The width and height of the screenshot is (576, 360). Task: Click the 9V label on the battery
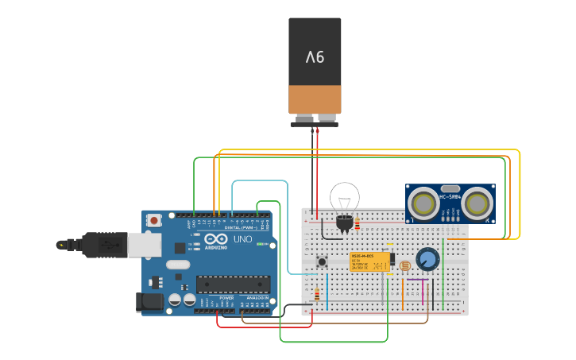click(315, 57)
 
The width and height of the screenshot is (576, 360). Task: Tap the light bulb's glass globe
click(345, 196)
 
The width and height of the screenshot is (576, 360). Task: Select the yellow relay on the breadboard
click(369, 261)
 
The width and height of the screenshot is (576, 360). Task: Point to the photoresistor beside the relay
click(405, 265)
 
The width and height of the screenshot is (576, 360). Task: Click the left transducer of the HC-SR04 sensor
click(424, 204)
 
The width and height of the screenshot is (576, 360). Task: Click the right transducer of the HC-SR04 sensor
click(477, 204)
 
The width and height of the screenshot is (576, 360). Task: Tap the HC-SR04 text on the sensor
click(450, 196)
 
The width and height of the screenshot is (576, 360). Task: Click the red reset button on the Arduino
click(170, 219)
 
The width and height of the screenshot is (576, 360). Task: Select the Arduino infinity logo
click(216, 239)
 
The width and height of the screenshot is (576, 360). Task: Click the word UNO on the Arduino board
click(242, 239)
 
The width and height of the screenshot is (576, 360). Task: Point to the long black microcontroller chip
click(233, 284)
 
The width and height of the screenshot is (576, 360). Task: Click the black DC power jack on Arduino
click(149, 301)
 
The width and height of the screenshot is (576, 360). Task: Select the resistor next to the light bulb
click(358, 225)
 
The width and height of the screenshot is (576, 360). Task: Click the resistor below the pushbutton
click(317, 295)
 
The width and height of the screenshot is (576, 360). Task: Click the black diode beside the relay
click(392, 260)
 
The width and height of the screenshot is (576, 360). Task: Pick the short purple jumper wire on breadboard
click(418, 280)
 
